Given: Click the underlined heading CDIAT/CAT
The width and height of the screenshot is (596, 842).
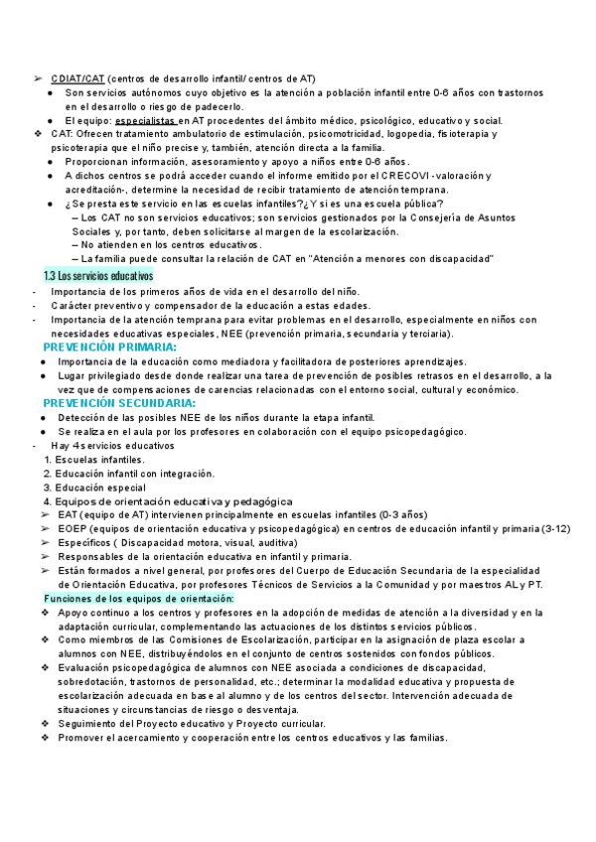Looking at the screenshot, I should point(76,77).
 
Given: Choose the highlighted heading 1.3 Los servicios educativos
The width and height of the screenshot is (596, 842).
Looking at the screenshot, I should point(98,275).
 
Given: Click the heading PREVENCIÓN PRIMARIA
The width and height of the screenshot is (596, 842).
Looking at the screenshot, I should point(110,348).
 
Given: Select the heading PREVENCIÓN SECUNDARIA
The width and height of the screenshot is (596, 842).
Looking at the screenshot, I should point(119,403).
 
